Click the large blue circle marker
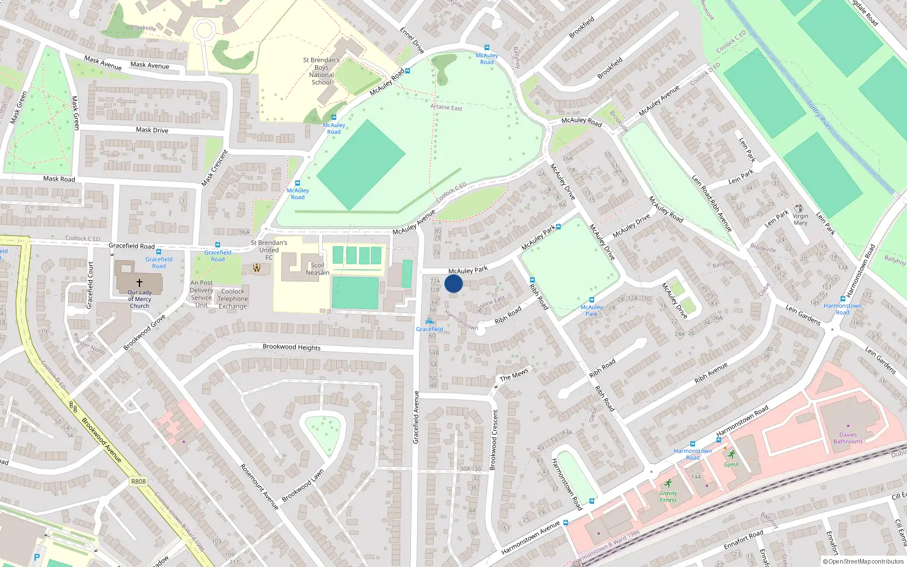point(453,283)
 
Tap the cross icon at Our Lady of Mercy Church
point(139,282)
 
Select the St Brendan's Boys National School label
point(321,71)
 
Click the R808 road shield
point(138,481)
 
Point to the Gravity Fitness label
point(668,496)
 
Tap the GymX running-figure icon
point(732,454)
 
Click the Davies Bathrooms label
point(848,438)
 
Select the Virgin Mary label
point(800,219)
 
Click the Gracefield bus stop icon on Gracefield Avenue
point(430,321)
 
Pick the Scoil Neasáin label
point(317,269)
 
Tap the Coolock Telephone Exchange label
point(232,299)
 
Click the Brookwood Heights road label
point(291,347)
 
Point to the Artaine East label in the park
point(446,107)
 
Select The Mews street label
point(514,375)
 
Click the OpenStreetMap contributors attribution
point(863,561)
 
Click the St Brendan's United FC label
point(269,249)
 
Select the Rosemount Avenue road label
point(259,486)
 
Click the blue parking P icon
point(37,557)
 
